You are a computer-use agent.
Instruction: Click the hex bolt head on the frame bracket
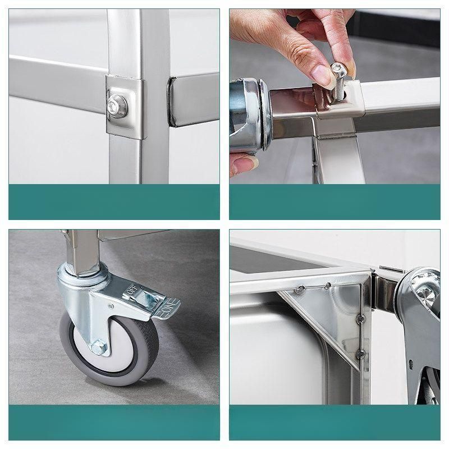coord(117,106)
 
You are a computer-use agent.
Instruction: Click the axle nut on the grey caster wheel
coord(99,347)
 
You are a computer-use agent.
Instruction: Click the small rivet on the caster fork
coord(111,306)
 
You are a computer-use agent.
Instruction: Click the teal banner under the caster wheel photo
coord(114,422)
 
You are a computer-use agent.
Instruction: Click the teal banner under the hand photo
coord(335,202)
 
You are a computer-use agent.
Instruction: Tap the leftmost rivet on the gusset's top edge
coord(299,290)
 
